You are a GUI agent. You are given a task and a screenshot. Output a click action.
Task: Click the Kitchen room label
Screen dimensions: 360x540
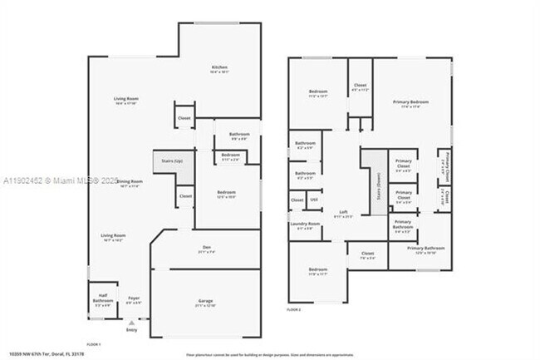click(x=220, y=67)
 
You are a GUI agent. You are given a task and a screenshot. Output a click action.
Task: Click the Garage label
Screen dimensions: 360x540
click(x=206, y=303)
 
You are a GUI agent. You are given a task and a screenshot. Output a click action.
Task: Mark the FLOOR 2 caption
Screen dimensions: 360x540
click(x=294, y=309)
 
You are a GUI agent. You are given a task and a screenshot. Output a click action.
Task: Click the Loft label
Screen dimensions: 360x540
click(x=342, y=212)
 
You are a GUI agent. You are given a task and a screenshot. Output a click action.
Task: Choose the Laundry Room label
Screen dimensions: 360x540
click(x=304, y=224)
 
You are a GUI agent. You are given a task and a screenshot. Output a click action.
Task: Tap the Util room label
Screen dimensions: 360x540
click(x=314, y=199)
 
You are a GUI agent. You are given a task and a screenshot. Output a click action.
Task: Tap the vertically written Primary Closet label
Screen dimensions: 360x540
click(x=445, y=162)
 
